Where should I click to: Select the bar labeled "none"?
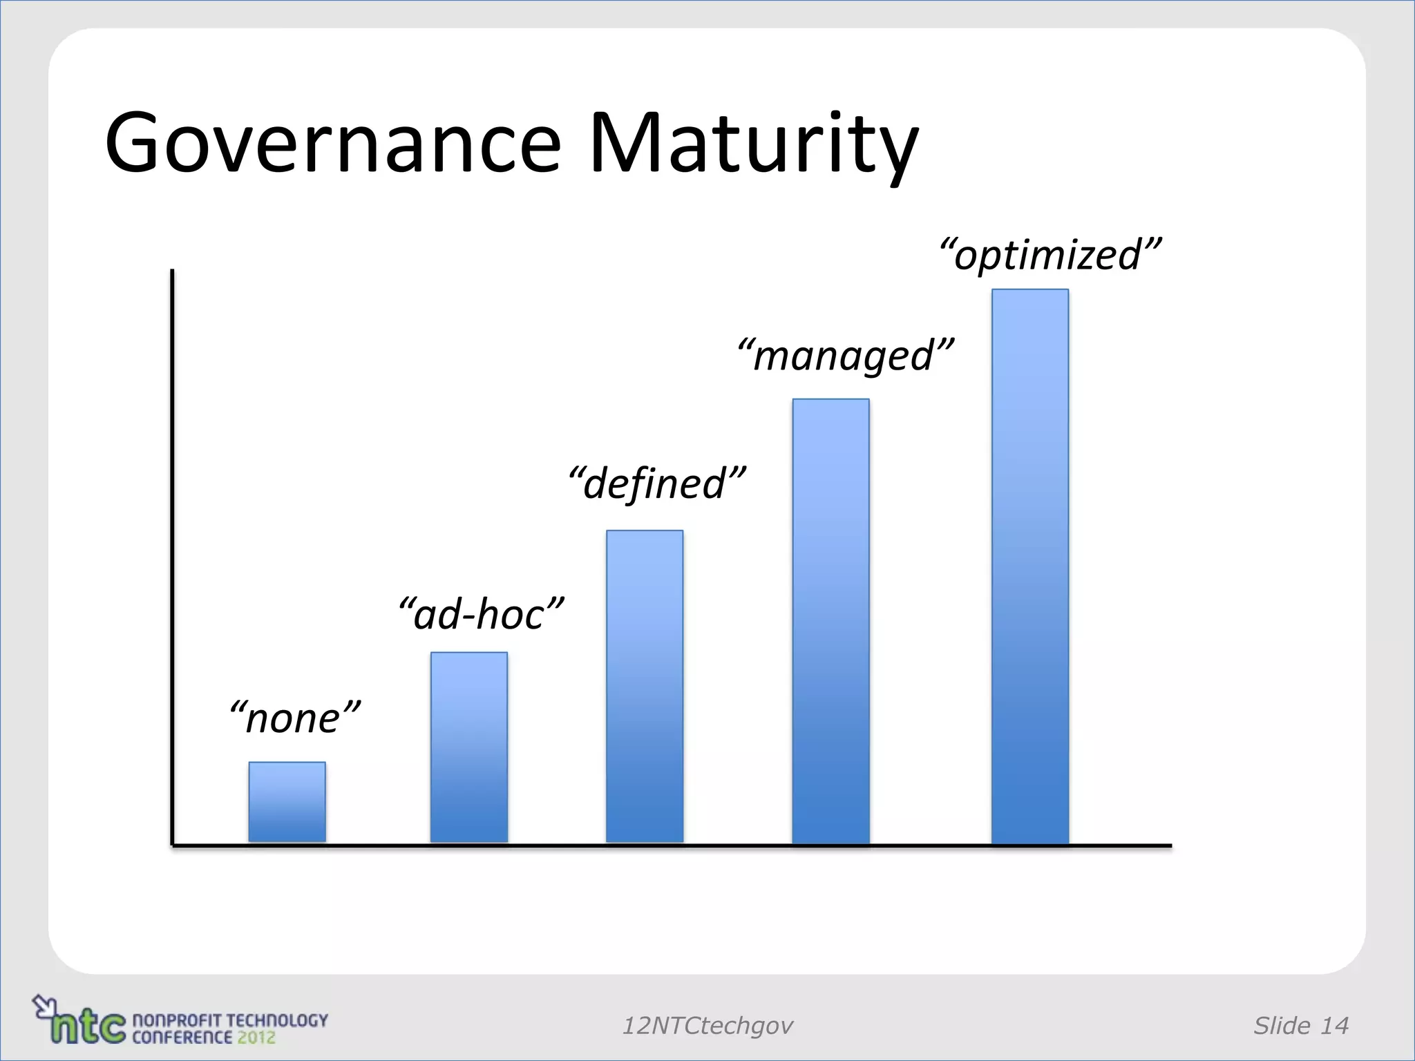(287, 802)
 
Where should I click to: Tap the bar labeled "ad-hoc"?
(469, 747)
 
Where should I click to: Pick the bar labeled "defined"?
(645, 687)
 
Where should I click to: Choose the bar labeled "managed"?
(830, 621)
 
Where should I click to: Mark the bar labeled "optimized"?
(1030, 566)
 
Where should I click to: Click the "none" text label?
(295, 718)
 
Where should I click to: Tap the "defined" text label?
(657, 483)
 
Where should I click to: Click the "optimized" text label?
(1050, 254)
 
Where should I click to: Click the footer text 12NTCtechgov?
(707, 1026)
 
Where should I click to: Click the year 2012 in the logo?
(256, 1038)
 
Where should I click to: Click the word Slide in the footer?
(1282, 1026)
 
